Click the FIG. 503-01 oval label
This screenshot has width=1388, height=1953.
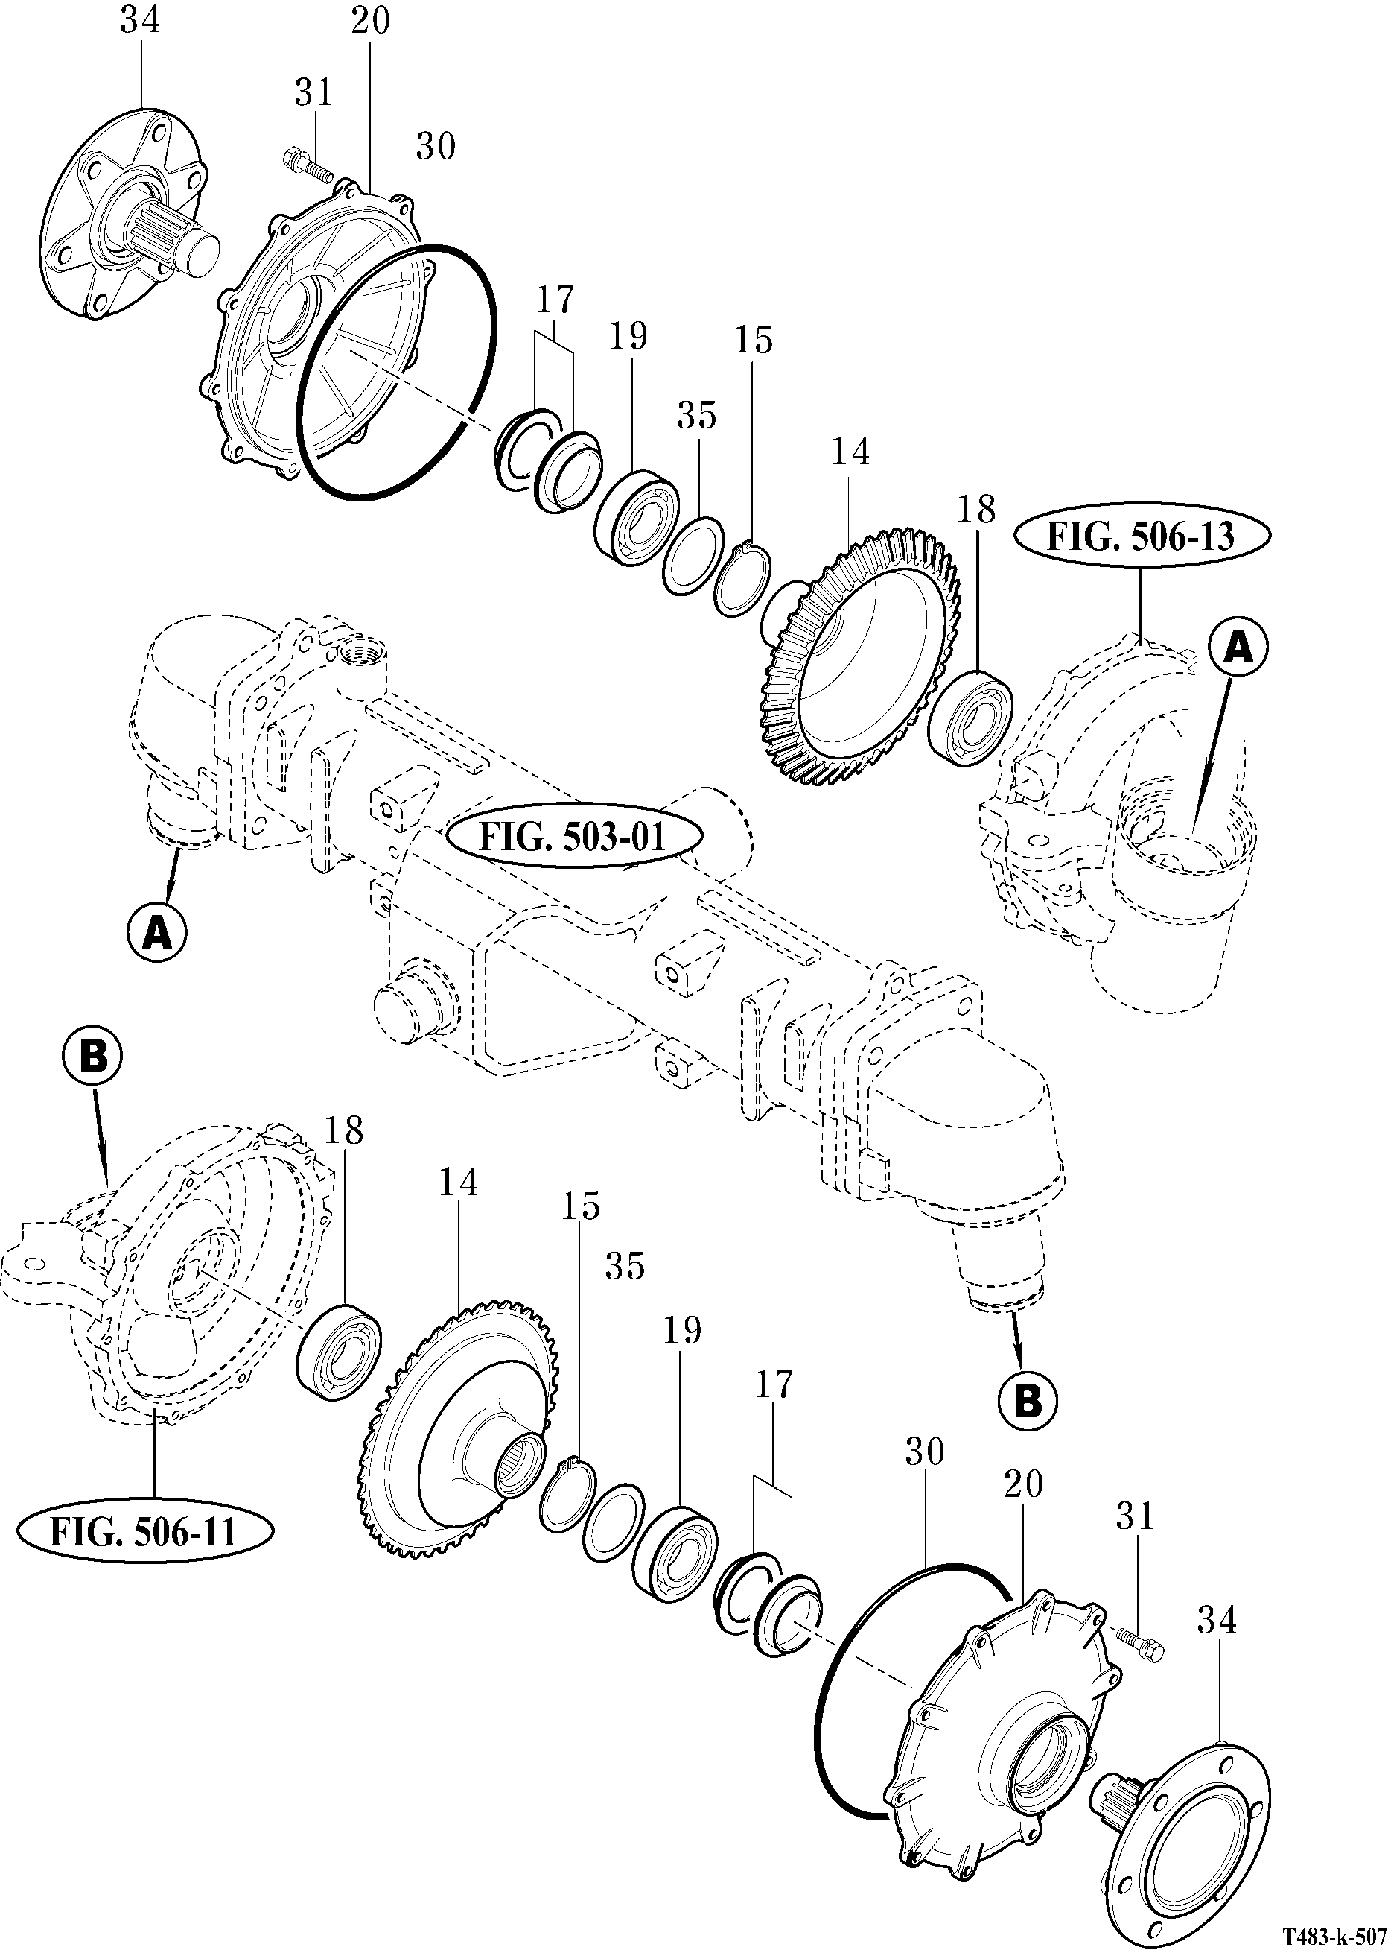[x=572, y=836]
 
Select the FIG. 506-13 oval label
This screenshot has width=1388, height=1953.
[x=1141, y=537]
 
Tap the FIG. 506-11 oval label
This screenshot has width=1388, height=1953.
[x=144, y=1531]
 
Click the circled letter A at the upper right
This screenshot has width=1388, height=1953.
[x=1238, y=649]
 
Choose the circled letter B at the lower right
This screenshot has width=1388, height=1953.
[x=1028, y=1401]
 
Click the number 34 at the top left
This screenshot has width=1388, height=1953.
[x=139, y=21]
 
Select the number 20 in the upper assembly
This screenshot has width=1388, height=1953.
[x=370, y=21]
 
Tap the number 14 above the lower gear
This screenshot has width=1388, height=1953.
[x=458, y=1183]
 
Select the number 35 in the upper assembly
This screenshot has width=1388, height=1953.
[x=696, y=416]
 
